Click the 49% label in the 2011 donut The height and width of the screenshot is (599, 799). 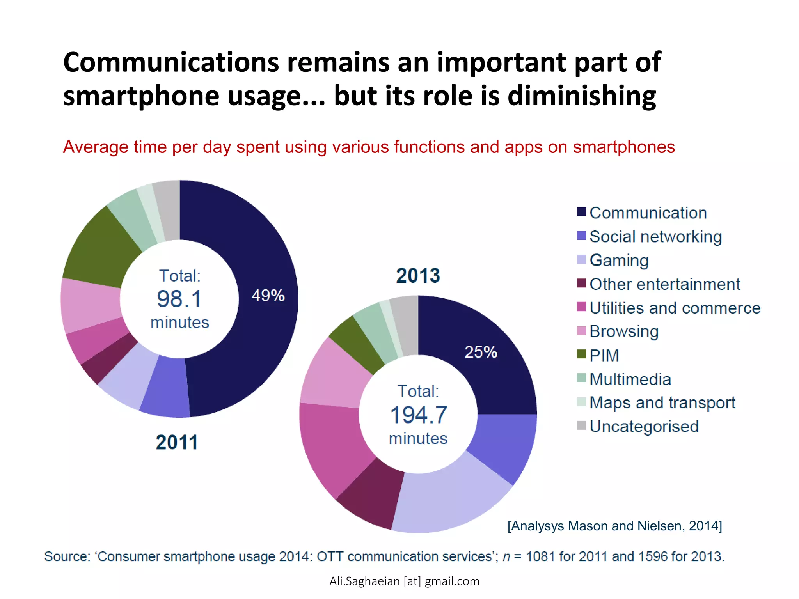268,296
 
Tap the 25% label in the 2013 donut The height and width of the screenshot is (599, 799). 481,352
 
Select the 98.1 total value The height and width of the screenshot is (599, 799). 179,299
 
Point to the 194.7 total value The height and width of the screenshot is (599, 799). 418,415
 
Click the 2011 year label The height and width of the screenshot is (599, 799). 177,442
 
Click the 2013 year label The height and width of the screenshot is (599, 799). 418,276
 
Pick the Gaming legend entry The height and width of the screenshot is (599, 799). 619,260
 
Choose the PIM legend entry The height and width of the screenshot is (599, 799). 604,355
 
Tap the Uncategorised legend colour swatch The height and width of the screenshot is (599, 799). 581,425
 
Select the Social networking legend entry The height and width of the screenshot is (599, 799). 655,237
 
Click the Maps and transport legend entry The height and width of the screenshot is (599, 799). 662,402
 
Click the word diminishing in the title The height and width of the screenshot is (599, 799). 582,96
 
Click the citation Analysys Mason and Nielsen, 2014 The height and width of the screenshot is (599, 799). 614,526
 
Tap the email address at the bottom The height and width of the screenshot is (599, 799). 404,581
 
